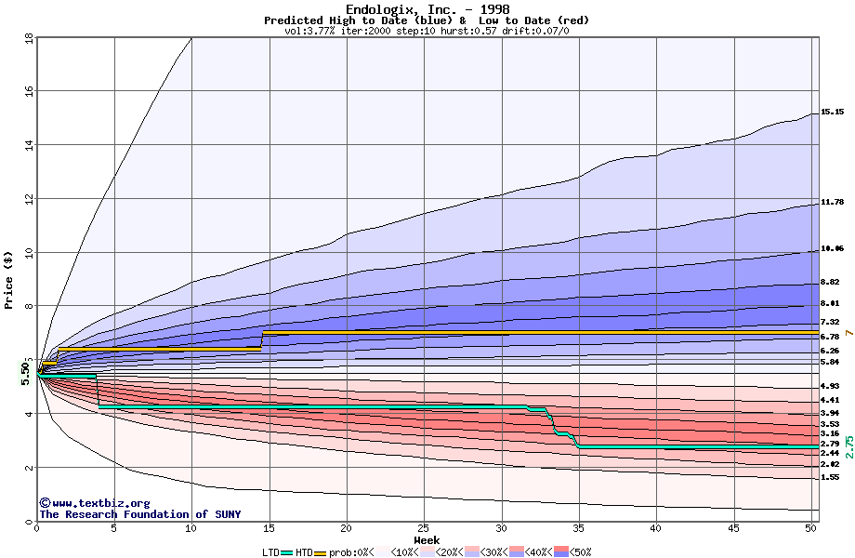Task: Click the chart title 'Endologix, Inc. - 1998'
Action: [427, 9]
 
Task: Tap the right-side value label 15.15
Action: [833, 112]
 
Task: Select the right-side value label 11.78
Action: [833, 202]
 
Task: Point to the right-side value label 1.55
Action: [831, 477]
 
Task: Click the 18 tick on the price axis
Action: [29, 38]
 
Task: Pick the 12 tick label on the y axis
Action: [29, 199]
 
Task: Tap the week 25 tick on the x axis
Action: [424, 528]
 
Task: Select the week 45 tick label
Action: [733, 528]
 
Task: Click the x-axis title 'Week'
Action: [427, 540]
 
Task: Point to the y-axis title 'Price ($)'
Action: [9, 280]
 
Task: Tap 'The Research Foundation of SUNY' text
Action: [139, 514]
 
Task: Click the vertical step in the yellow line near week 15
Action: [262, 340]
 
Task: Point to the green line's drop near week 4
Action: [98, 392]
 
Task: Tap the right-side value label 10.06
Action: [833, 249]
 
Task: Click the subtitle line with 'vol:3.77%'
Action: [427, 31]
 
